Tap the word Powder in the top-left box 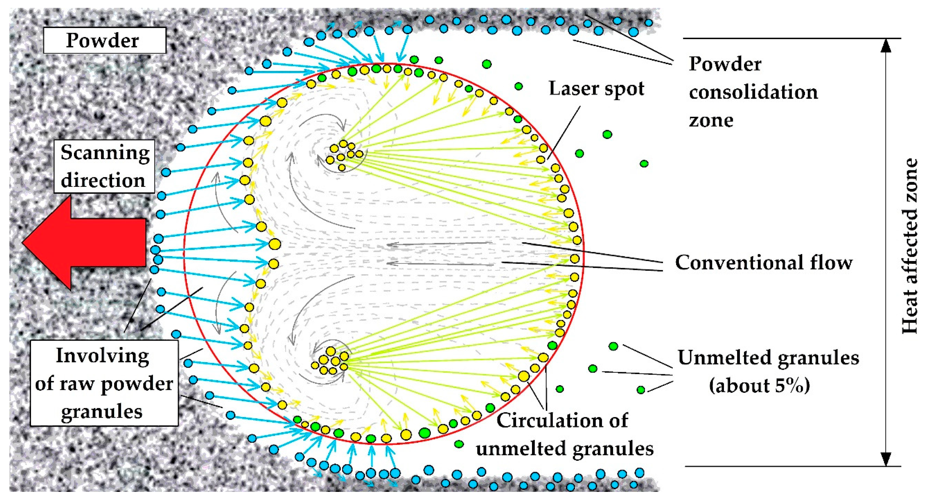pos(102,40)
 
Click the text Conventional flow pos(764,263)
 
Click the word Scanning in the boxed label pos(105,153)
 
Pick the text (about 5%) pos(759,385)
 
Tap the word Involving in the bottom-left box pos(102,356)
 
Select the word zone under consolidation pos(711,120)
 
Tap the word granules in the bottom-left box pos(102,411)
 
